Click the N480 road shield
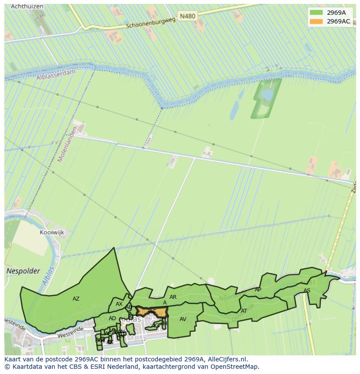[187, 16]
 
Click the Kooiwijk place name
[52, 232]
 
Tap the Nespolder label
[23, 271]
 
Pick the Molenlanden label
[67, 144]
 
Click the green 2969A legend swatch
[316, 13]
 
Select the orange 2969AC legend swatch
[316, 21]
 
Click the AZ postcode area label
[76, 299]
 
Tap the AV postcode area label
[183, 319]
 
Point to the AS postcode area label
[307, 291]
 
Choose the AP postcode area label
[258, 290]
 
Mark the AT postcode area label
[244, 311]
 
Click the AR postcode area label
[173, 297]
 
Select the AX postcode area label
[119, 304]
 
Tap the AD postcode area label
[112, 318]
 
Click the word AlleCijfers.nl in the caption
[227, 359]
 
